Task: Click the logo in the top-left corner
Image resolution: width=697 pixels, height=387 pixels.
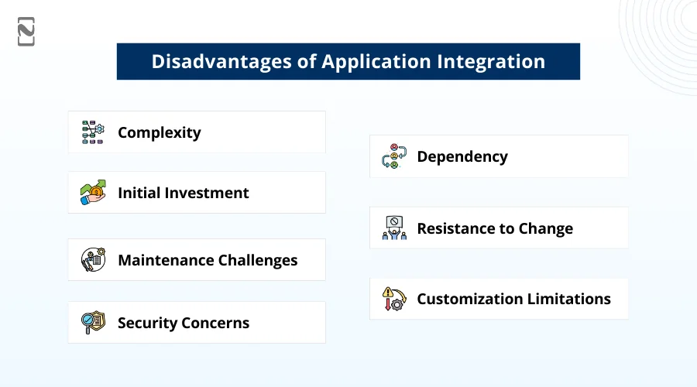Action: tap(26, 32)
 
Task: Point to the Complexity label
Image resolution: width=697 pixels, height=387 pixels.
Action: tap(159, 132)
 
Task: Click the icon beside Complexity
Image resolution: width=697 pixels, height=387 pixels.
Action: tap(93, 132)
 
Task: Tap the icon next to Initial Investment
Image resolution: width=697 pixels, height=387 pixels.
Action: tap(93, 193)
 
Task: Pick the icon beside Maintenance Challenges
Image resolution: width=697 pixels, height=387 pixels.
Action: tap(93, 260)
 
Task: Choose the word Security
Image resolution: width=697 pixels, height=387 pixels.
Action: tap(147, 323)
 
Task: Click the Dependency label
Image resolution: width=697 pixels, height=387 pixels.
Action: tap(462, 156)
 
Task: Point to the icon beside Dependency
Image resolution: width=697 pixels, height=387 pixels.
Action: tap(394, 156)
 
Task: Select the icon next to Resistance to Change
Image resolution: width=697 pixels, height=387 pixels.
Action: tap(394, 228)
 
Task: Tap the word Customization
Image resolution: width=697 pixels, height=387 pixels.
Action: tap(468, 299)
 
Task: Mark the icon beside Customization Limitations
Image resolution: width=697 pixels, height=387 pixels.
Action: tap(394, 299)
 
